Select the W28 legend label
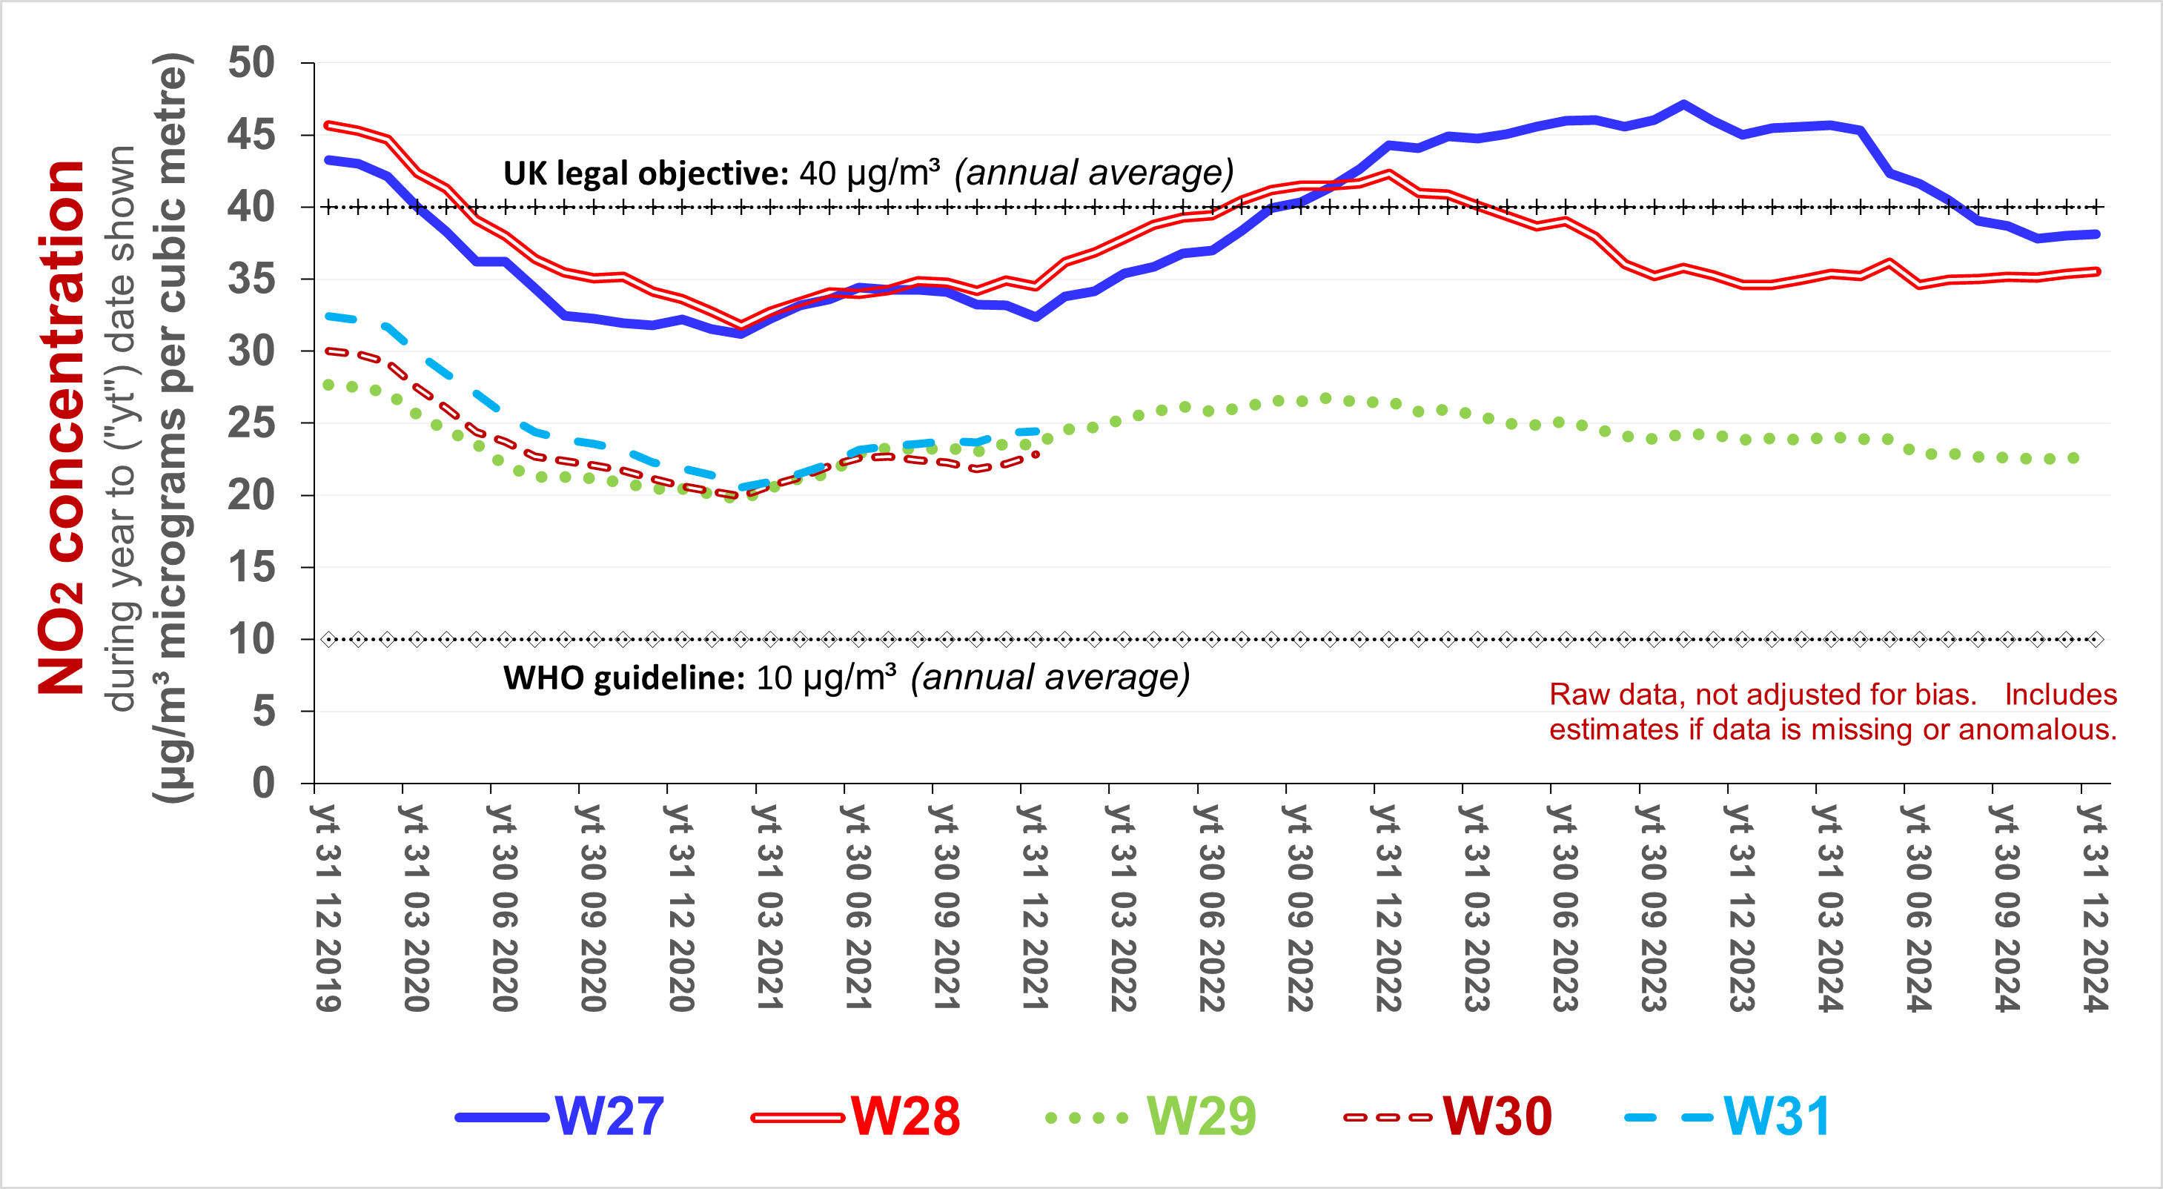click(x=904, y=1117)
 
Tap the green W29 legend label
click(x=1201, y=1117)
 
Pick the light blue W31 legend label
click(x=1776, y=1117)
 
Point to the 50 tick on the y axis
click(x=251, y=63)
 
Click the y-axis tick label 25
click(x=251, y=423)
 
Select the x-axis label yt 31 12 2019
click(x=328, y=907)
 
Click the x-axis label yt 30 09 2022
click(x=1299, y=907)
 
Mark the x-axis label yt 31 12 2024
click(x=2094, y=907)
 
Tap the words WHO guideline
click(x=623, y=678)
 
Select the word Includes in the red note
click(x=2061, y=695)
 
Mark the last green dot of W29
click(x=2073, y=458)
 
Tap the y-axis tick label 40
click(x=251, y=207)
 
